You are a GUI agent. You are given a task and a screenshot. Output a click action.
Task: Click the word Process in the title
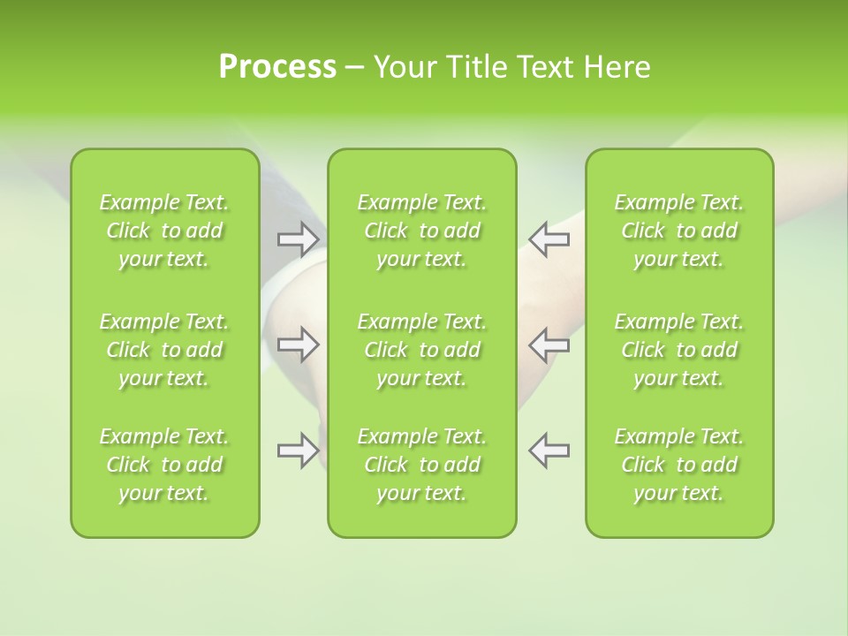277,67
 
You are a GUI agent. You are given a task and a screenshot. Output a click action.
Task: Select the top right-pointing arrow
298,238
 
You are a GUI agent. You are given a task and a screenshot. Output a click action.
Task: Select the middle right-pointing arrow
298,344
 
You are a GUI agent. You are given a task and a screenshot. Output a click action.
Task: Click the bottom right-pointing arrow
298,450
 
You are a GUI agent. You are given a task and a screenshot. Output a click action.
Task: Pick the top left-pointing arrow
549,238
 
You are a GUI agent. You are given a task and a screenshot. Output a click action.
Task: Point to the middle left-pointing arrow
549,344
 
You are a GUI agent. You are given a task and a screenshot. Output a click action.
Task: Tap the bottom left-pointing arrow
549,450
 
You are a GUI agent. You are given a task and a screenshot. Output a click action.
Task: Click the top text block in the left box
164,231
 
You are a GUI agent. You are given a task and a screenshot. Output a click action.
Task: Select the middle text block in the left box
164,350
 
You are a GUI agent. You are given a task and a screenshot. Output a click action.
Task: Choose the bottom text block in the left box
164,465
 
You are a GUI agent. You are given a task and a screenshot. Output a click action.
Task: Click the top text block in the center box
421,231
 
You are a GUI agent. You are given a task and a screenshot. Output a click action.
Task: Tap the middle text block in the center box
421,350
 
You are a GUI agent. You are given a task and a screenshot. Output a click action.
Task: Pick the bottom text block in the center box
421,465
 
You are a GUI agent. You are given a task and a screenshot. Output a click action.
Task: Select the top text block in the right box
678,231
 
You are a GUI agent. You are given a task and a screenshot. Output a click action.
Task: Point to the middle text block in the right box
678,350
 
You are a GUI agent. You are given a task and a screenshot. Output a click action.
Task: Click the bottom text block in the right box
678,465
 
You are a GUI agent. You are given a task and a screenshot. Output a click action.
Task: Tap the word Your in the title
403,67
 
